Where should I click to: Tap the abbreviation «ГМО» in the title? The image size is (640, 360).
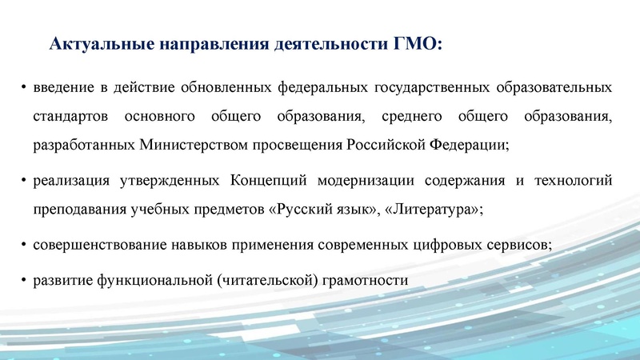click(x=416, y=43)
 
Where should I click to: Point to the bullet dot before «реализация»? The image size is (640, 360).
click(x=24, y=182)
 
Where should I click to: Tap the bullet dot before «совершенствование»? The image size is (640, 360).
click(x=24, y=244)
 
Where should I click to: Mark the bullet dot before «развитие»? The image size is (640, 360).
click(x=24, y=280)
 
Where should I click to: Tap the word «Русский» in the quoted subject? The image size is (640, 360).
click(x=302, y=211)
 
